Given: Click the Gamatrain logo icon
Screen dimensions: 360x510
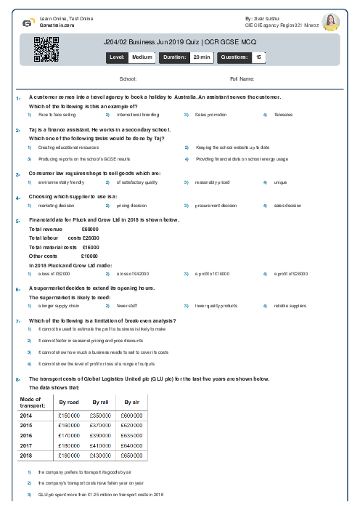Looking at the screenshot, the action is [x=27, y=23].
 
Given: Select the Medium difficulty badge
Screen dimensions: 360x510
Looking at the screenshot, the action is [x=142, y=56].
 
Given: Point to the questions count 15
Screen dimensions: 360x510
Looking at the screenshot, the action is [x=259, y=56].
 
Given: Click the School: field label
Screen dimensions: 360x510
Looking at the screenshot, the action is [x=128, y=78].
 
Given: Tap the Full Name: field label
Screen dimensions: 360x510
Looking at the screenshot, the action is [x=242, y=78].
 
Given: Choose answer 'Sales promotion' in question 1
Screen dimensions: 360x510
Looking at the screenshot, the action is [x=210, y=115].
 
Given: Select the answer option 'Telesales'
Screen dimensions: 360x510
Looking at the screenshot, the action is [x=284, y=115].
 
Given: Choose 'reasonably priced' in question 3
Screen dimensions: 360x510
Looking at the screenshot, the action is [x=212, y=182].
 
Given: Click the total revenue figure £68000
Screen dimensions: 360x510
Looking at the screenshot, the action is [x=91, y=229].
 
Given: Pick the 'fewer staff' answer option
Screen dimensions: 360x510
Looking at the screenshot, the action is [x=126, y=306].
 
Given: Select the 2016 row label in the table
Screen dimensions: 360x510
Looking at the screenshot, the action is [x=26, y=434].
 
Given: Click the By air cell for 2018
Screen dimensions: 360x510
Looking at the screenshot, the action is [x=131, y=455].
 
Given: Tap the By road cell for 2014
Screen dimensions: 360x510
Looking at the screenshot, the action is [x=68, y=414].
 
